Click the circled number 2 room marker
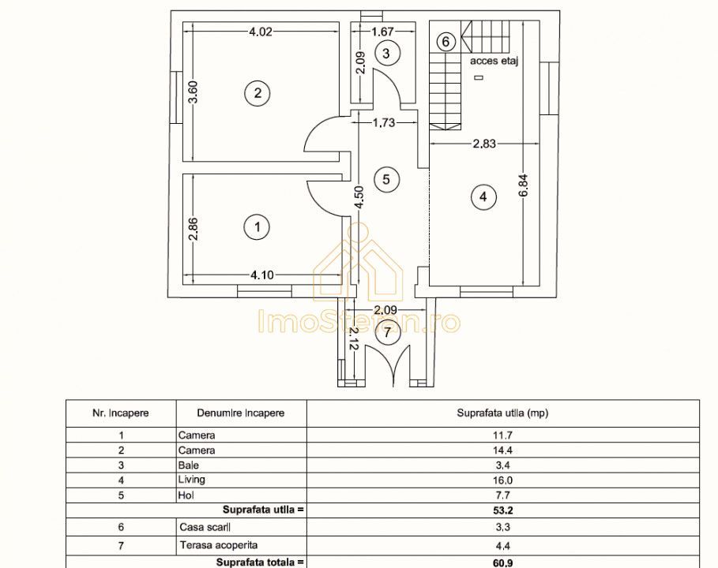point(258,93)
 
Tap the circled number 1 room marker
point(258,227)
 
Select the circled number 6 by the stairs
point(445,42)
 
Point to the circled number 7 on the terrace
point(387,332)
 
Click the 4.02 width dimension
point(261,32)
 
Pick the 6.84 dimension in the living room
point(524,185)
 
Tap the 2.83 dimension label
point(484,144)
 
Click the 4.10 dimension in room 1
point(262,275)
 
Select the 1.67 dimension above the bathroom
point(382,32)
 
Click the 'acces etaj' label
point(494,61)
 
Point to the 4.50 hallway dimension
point(359,197)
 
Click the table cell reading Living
point(191,480)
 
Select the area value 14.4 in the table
point(502,450)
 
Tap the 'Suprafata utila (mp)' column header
point(502,413)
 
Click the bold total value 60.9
point(502,562)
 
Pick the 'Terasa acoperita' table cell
point(219,545)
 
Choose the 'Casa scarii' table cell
point(205,527)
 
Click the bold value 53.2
point(502,510)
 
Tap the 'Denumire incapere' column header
point(240,413)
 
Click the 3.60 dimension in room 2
point(194,92)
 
